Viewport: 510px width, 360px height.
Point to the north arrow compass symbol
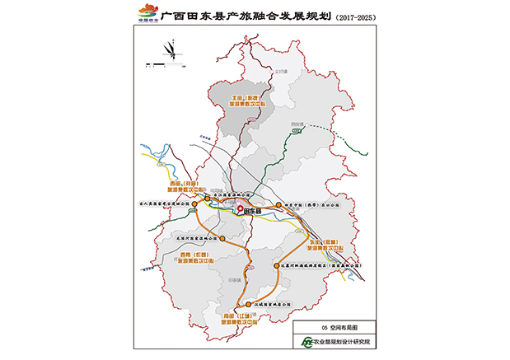(171, 49)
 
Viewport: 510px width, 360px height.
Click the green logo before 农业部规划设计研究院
(307, 341)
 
